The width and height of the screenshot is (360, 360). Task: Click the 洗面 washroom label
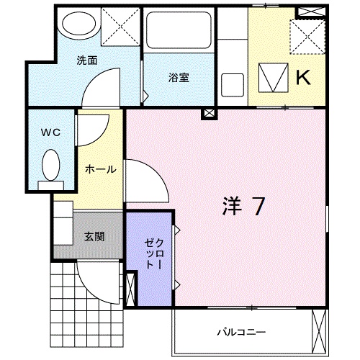[88, 60]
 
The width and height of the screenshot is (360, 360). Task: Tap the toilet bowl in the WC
[51, 166]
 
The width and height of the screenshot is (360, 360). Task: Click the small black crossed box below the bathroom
[208, 113]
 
